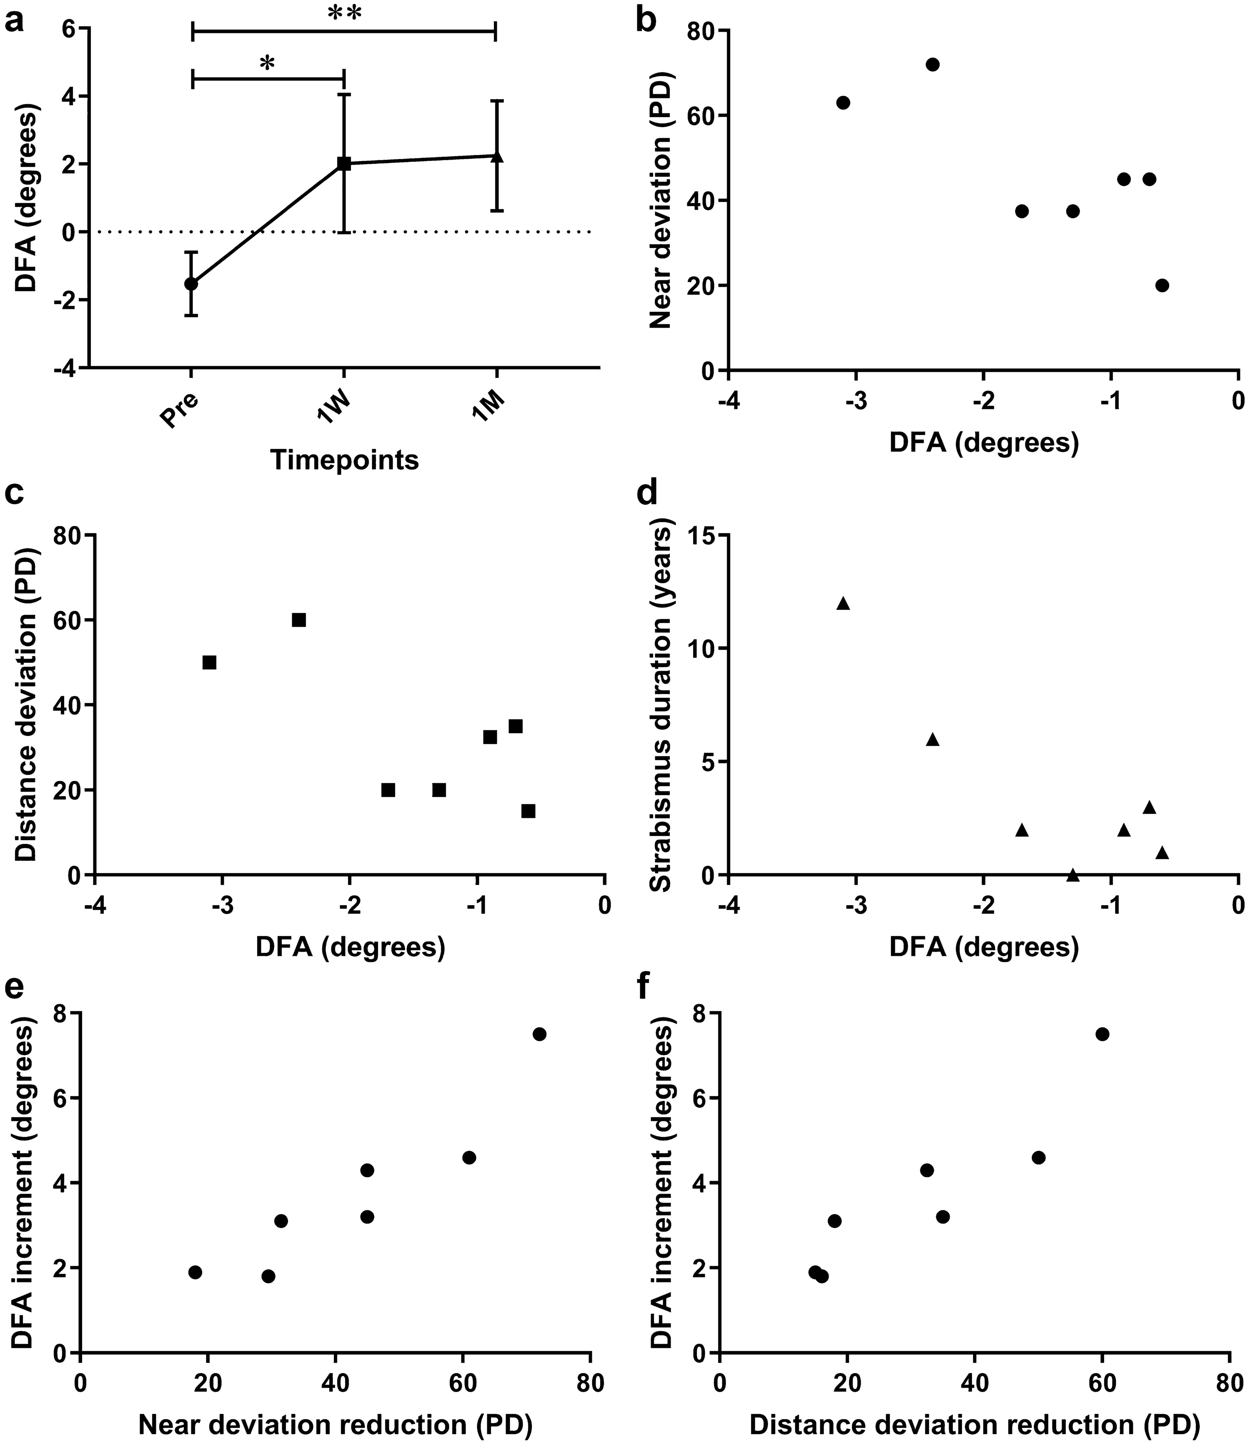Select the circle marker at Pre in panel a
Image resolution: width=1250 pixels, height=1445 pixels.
191,283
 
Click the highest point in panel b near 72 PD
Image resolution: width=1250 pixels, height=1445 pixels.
933,64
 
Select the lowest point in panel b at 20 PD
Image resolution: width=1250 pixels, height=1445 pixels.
1162,285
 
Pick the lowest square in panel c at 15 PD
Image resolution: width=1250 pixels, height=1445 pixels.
529,811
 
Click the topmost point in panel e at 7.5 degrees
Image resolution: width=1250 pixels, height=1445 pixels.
539,1034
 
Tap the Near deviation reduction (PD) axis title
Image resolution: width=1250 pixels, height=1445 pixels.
336,1423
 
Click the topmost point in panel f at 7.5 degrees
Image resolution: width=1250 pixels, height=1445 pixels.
1102,1034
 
